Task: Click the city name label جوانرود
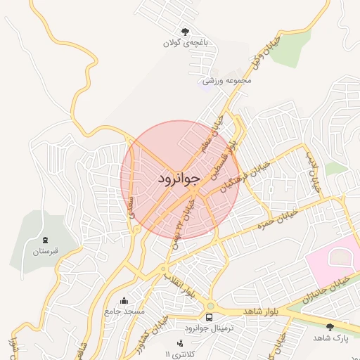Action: (179, 179)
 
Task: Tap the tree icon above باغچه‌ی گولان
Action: (186, 31)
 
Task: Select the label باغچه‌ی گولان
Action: (186, 43)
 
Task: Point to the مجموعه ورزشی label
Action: (226, 81)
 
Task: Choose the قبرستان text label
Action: (46, 251)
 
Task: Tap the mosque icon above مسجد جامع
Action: (124, 301)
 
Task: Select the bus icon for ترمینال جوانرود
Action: (209, 318)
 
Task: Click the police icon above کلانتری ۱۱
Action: (181, 343)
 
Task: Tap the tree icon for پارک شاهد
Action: (330, 326)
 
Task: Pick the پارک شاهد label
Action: (330, 338)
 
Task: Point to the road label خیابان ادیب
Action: (311, 173)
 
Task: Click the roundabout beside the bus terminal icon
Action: (210, 306)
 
